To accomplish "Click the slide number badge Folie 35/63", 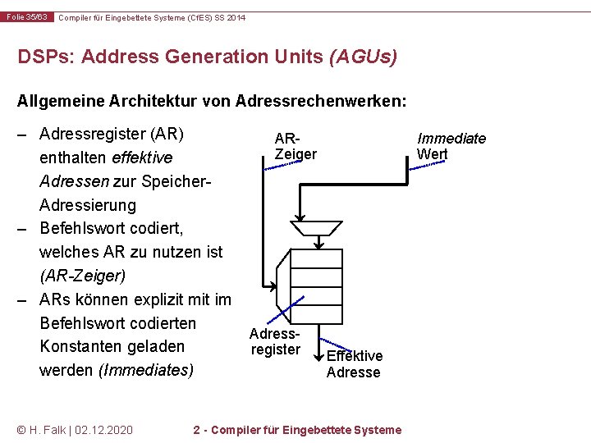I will pyautogui.click(x=27, y=17).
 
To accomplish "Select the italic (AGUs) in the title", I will pyautogui.click(x=362, y=57).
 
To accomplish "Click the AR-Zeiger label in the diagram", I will pyautogui.click(x=295, y=147).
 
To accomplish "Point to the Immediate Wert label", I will pyautogui.click(x=451, y=146).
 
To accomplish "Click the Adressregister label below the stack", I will pyautogui.click(x=276, y=342).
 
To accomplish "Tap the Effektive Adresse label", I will pyautogui.click(x=354, y=363).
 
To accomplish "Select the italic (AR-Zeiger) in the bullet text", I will pyautogui.click(x=80, y=276).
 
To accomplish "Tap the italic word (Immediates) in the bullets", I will pyautogui.click(x=146, y=370).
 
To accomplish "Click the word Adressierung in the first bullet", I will pyautogui.click(x=88, y=204).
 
